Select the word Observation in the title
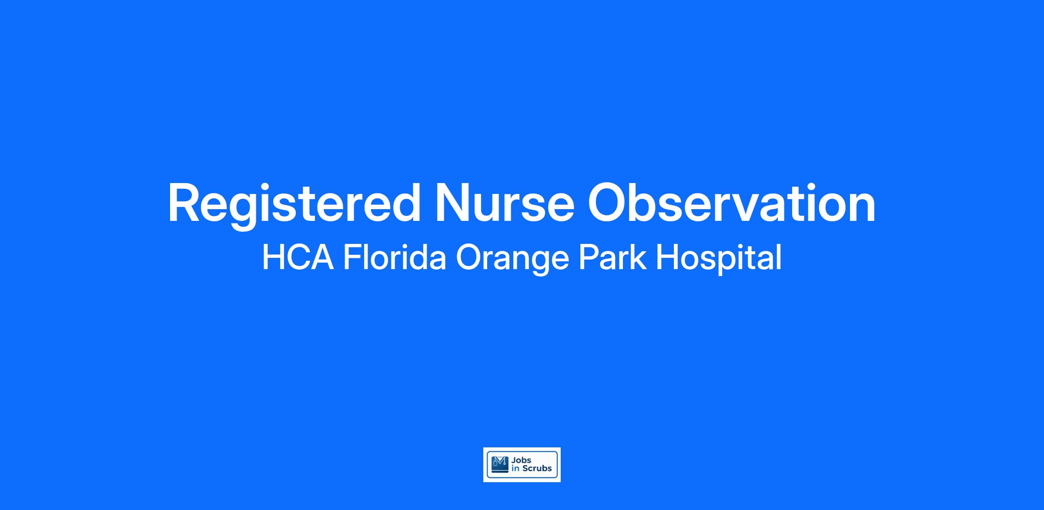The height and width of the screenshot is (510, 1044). coord(732,203)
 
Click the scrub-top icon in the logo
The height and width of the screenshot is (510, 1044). coord(500,464)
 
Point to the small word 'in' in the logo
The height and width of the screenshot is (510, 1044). coord(516,469)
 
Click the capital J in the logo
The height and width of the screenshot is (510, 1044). coord(514,460)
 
